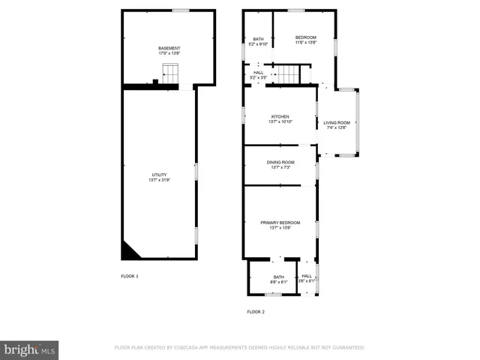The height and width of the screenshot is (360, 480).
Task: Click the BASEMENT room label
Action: (x=169, y=49)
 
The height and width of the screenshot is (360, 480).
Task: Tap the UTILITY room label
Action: (x=159, y=175)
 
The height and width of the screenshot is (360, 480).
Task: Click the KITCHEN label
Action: (x=280, y=116)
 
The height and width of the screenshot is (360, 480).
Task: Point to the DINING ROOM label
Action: (x=280, y=162)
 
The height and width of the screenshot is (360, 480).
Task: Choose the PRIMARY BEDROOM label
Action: (x=280, y=222)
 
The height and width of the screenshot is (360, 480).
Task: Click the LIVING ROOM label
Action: (x=337, y=122)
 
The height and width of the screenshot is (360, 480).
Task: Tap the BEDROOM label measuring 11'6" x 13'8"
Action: (x=305, y=37)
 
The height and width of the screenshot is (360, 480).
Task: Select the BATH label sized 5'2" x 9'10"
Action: (x=258, y=39)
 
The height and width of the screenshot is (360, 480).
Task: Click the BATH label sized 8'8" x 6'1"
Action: (x=279, y=277)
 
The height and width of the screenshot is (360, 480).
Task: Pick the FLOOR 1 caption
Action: (x=130, y=276)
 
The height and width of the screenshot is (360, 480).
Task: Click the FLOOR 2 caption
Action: (x=256, y=311)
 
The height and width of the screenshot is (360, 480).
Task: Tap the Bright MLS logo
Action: (x=30, y=349)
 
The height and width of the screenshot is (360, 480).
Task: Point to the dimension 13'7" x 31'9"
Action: (x=159, y=180)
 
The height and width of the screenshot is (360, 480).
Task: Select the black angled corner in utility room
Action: (x=128, y=251)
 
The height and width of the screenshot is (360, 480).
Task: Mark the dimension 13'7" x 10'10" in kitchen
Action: (x=280, y=121)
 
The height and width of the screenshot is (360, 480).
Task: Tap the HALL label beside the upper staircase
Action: (x=258, y=73)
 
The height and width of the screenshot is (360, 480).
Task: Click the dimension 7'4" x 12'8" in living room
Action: (x=337, y=127)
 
